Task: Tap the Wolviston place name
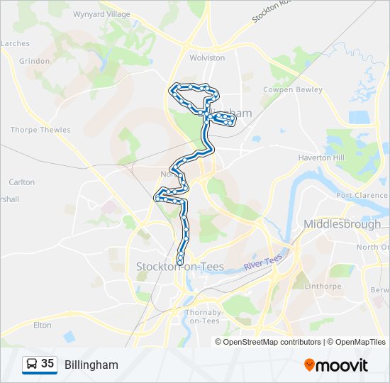point(207,57)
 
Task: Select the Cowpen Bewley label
point(293,90)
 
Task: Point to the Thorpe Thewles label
point(40,130)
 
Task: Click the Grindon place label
point(35,61)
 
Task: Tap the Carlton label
point(21,182)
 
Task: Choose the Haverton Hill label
point(321,157)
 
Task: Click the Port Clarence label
point(362,196)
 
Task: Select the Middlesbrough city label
point(342,224)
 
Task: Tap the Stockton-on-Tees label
point(180,267)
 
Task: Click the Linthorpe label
point(325,287)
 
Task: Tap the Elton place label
point(43,325)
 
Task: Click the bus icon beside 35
point(31,364)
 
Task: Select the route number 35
point(48,364)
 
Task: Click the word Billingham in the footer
point(91,365)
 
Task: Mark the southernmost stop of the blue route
point(180,263)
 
